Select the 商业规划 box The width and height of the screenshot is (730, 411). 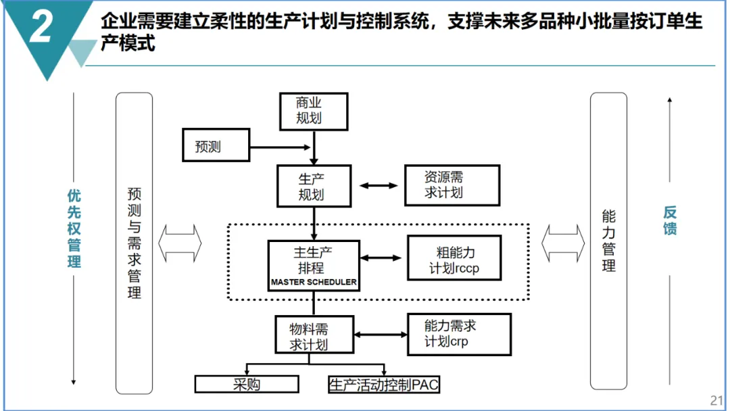(314, 112)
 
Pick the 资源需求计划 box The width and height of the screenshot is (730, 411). (452, 185)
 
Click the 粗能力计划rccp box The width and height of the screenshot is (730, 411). (454, 258)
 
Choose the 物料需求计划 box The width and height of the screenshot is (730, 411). (314, 335)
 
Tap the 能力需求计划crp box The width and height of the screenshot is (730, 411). (459, 333)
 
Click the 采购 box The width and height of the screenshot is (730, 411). (247, 385)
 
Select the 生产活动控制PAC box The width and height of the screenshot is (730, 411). (384, 385)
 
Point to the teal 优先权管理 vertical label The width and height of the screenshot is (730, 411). (74, 228)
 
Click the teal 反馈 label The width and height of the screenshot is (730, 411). (669, 220)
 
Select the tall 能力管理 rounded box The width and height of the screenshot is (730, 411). (608, 241)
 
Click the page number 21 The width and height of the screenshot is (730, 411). (716, 400)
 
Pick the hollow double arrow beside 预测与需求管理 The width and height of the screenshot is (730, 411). (180, 241)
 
